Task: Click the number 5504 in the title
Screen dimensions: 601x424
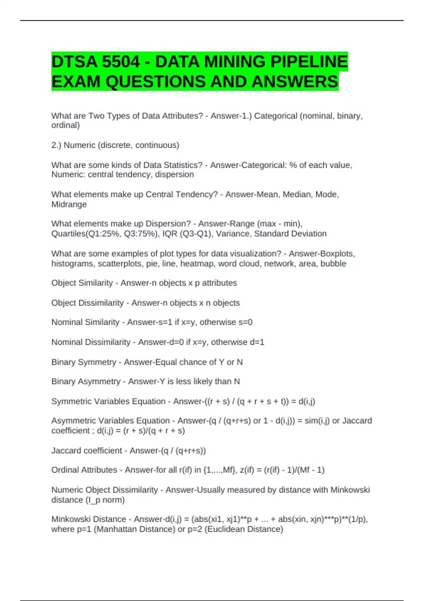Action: (x=120, y=62)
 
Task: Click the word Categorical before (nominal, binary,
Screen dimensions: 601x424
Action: (x=276, y=116)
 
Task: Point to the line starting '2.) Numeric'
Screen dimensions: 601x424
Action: (x=115, y=145)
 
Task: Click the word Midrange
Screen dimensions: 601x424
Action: (x=69, y=204)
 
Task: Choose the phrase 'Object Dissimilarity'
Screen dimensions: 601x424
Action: (x=88, y=303)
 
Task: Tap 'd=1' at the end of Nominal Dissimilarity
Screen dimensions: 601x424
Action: (x=257, y=342)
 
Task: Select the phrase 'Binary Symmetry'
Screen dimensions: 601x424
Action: (x=84, y=362)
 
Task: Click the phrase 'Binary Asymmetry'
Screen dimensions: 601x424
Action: (x=86, y=381)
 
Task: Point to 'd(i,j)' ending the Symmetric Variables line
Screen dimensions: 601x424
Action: (x=307, y=401)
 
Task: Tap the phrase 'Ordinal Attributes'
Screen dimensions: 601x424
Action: (x=84, y=470)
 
